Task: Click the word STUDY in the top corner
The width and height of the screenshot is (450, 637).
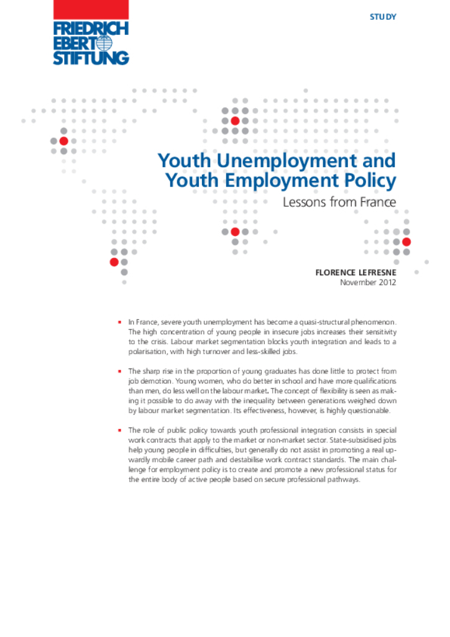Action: tap(382, 17)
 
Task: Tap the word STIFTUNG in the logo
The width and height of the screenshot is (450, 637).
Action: tap(91, 58)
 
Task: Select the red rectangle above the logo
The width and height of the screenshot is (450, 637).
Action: tap(91, 9)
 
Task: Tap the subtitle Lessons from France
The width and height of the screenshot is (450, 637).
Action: tap(339, 202)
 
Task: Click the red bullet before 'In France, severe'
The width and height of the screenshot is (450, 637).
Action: tap(119, 323)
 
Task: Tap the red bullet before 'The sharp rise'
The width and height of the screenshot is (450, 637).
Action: tap(119, 371)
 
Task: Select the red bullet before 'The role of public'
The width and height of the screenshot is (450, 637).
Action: tap(119, 430)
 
